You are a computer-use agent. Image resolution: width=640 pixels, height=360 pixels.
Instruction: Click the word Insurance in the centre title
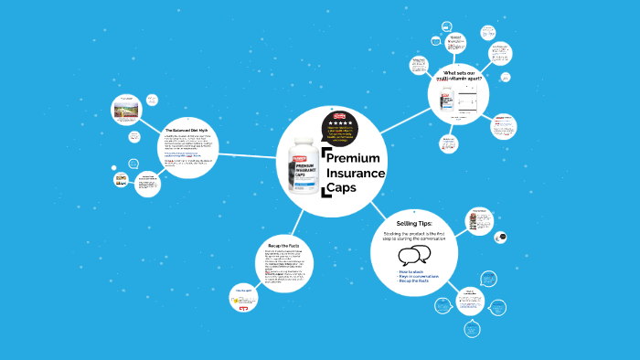pyautogui.click(x=359, y=174)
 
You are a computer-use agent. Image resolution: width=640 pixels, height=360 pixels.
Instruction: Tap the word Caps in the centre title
pyautogui.click(x=343, y=188)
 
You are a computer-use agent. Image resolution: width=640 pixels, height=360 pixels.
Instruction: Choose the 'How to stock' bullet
pyautogui.click(x=411, y=271)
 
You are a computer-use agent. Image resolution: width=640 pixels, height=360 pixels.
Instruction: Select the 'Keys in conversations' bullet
pyautogui.click(x=418, y=276)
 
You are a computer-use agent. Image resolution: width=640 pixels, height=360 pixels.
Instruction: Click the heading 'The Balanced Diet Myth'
pyautogui.click(x=186, y=130)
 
